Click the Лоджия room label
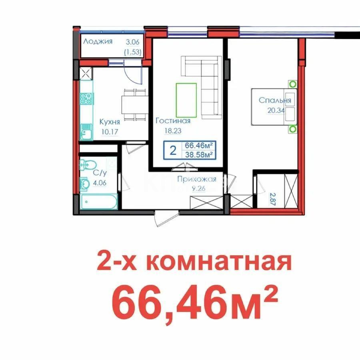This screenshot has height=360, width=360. tap(98, 41)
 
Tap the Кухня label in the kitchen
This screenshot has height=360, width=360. tap(110, 122)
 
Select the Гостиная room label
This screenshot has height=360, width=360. tap(173, 120)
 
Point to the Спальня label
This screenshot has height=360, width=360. tap(274, 100)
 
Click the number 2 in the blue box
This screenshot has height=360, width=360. tap(173, 150)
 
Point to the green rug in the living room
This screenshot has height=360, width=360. tap(186, 100)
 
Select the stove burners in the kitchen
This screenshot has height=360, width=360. tap(86, 99)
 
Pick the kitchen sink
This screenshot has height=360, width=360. tap(86, 130)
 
